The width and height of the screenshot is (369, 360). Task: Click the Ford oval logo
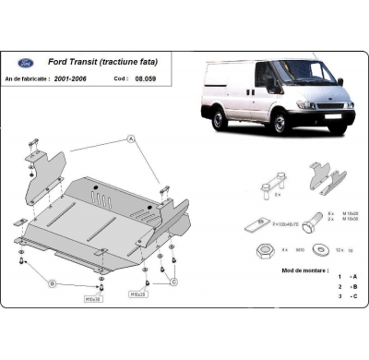pyautogui.click(x=26, y=65)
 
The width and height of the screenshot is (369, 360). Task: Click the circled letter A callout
pyautogui.click(x=131, y=138)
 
